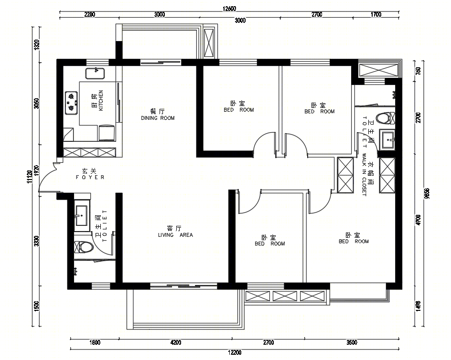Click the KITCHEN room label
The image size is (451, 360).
[x=101, y=100]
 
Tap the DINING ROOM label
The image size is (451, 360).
[x=158, y=118]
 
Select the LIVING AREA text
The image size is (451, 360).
[x=175, y=235]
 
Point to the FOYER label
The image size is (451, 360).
[x=90, y=177]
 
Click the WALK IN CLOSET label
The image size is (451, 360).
[x=364, y=175]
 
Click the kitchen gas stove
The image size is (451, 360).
[x=71, y=103]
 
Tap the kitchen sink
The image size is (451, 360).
[x=95, y=74]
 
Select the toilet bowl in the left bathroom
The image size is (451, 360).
[x=84, y=247]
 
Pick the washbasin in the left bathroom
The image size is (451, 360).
[x=82, y=216]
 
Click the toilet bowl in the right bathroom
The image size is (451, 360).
[x=386, y=118]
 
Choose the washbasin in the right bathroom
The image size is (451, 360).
[x=388, y=140]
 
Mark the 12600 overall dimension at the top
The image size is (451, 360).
[x=229, y=9]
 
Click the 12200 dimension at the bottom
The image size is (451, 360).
[x=235, y=352]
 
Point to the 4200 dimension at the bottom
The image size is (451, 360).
[x=176, y=342]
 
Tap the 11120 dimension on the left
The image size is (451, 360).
[x=29, y=177]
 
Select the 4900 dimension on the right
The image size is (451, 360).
[x=419, y=220]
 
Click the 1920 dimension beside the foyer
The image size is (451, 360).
[x=36, y=170]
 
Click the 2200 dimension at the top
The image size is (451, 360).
[x=89, y=14]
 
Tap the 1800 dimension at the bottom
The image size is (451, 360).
[x=95, y=342]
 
